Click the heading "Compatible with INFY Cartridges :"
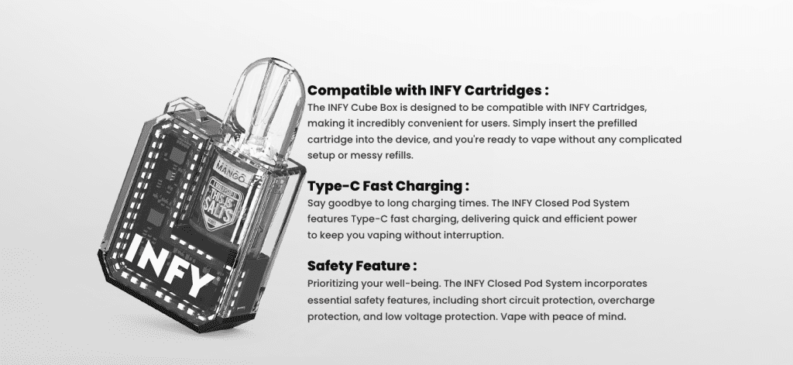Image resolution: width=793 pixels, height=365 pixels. (428, 89)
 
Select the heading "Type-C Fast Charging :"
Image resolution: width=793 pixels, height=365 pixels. (388, 186)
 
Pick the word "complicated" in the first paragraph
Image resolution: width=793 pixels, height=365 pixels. (648, 139)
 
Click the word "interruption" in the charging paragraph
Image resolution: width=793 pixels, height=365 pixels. (473, 235)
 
